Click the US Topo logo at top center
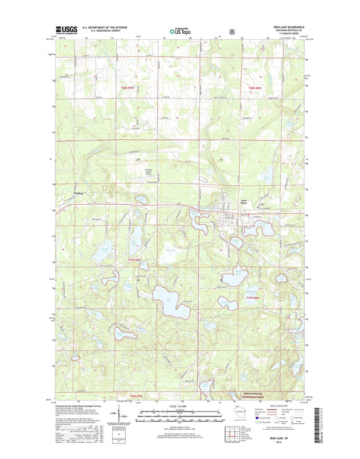180,30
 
